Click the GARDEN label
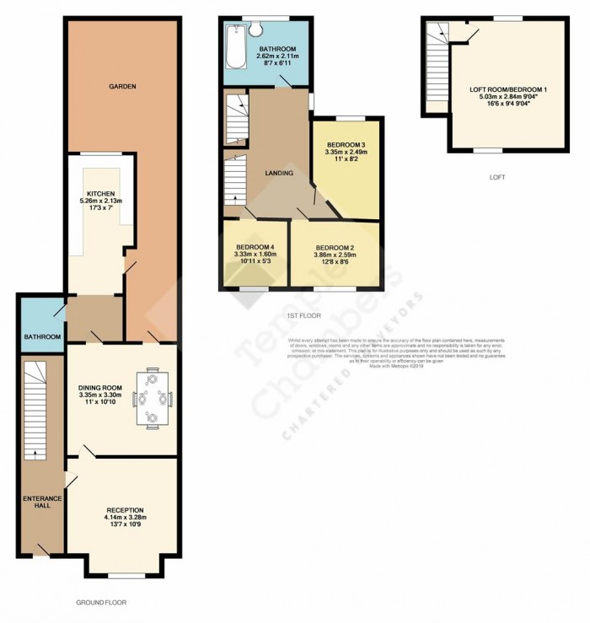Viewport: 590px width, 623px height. coord(121,86)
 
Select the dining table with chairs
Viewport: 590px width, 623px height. coord(153,397)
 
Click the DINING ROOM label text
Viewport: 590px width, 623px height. coord(100,388)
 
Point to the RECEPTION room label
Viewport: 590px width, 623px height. coord(125,510)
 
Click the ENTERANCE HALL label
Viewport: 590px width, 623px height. coord(36,503)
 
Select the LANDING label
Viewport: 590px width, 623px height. coord(279,173)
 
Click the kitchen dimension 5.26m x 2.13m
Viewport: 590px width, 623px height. coord(99,201)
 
